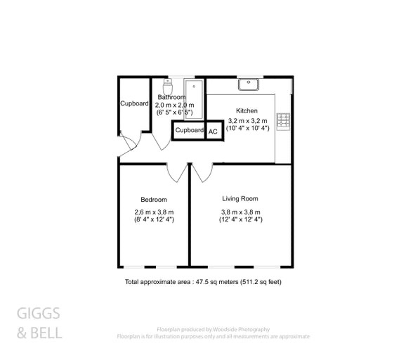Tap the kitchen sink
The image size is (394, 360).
click(x=249, y=85)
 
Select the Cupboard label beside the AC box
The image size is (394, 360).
click(x=189, y=130)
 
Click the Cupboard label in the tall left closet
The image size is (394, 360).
click(x=134, y=103)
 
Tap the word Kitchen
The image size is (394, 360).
click(x=247, y=111)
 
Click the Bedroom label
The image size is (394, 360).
click(x=153, y=200)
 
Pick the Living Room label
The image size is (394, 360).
click(x=241, y=198)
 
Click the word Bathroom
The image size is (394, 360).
click(x=171, y=97)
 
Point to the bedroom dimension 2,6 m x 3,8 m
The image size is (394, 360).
click(x=154, y=212)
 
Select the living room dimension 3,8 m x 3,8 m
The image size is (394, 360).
click(x=241, y=212)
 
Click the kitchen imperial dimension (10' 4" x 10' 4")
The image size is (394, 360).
click(x=247, y=128)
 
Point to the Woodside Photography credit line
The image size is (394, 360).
click(x=213, y=329)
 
